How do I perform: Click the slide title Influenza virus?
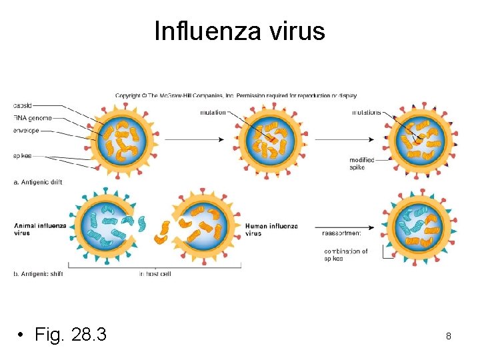(x=239, y=31)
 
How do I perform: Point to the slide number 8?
(x=449, y=337)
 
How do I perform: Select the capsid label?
(x=23, y=105)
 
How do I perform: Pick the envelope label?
(x=26, y=130)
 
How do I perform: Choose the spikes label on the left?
(x=23, y=156)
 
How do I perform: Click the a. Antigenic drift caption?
(x=37, y=182)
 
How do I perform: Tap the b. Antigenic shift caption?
(x=37, y=274)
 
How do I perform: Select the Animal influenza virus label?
(x=40, y=229)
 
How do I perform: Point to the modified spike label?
(x=361, y=163)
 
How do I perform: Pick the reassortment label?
(x=341, y=233)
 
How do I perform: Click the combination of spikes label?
(x=345, y=255)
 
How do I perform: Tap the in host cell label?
(x=155, y=274)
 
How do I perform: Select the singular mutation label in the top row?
(x=213, y=113)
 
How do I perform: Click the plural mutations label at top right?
(x=367, y=113)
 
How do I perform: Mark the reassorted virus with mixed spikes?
(x=419, y=231)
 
